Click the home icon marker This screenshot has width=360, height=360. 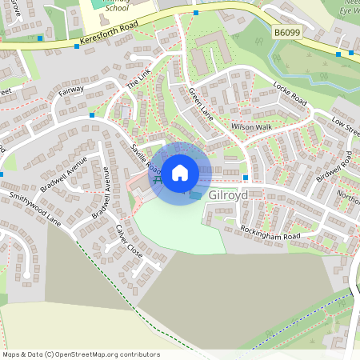click(x=180, y=172)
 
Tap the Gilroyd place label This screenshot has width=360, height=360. click(x=228, y=195)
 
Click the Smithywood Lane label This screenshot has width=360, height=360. click(x=34, y=207)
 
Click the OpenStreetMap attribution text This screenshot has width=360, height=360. click(x=80, y=354)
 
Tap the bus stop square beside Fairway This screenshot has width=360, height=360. click(x=92, y=115)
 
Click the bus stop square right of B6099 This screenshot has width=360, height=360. click(x=338, y=54)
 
